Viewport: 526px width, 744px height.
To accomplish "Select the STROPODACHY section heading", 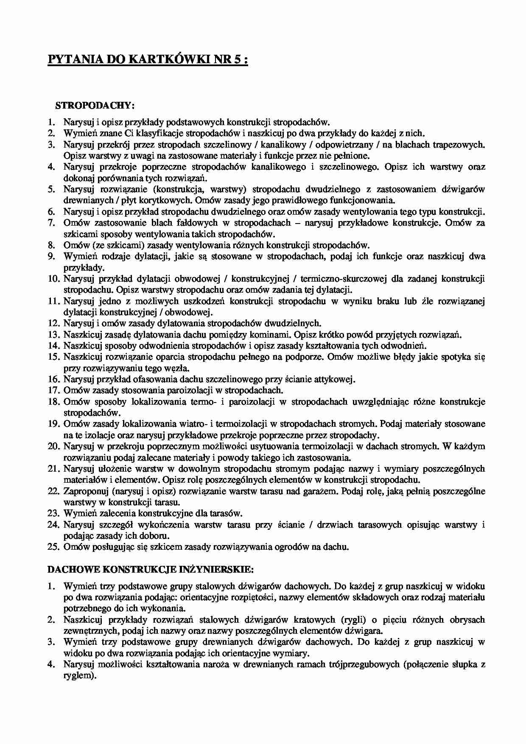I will point(95,105).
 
